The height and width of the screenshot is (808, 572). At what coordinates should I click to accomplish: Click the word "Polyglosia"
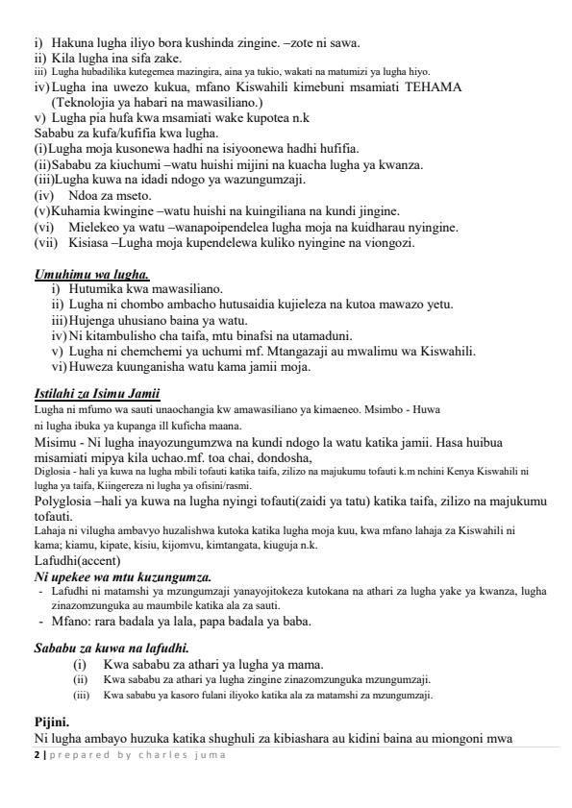coord(65,502)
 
